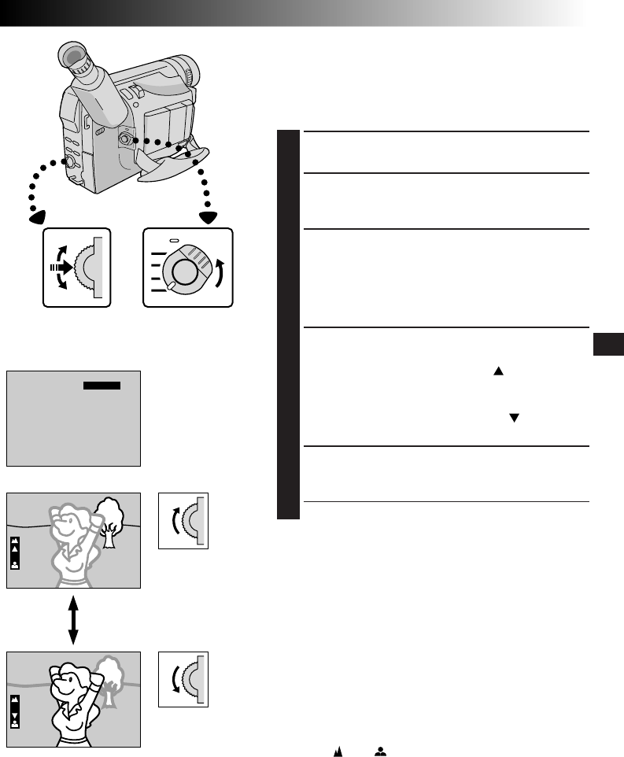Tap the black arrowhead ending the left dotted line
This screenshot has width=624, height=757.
pyautogui.click(x=38, y=216)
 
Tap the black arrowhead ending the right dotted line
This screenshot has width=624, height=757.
pyautogui.click(x=209, y=217)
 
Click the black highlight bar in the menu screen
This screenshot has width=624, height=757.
pyautogui.click(x=102, y=386)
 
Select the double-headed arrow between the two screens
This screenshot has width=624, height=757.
pyautogui.click(x=73, y=621)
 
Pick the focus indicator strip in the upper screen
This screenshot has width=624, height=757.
pyautogui.click(x=15, y=553)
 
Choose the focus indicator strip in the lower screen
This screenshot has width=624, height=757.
pyautogui.click(x=15, y=711)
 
